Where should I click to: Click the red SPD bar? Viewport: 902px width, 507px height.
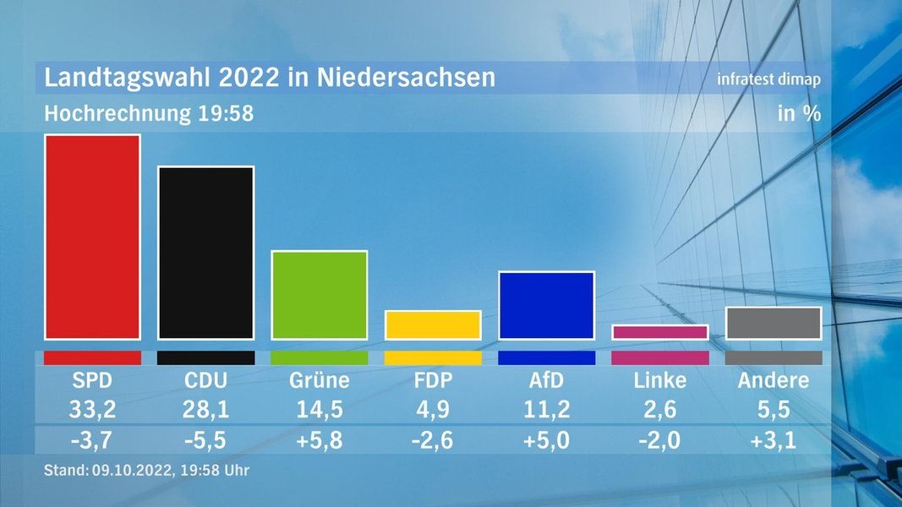click(x=92, y=237)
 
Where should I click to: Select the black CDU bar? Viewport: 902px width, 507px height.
click(x=205, y=253)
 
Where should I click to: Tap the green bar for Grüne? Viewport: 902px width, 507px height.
click(x=319, y=295)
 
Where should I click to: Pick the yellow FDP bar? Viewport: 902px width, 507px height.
click(x=433, y=324)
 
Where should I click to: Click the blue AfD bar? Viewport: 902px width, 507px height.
click(x=546, y=305)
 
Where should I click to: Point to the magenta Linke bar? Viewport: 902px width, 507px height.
click(x=659, y=332)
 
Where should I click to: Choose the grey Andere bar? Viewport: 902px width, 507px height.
click(x=773, y=323)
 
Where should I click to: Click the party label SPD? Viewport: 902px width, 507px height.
click(x=92, y=380)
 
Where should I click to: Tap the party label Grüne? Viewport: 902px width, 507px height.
click(x=319, y=380)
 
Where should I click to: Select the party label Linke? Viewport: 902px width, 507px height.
click(x=659, y=380)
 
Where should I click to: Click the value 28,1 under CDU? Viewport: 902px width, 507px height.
click(x=205, y=410)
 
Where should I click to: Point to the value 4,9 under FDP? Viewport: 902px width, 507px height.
click(x=433, y=410)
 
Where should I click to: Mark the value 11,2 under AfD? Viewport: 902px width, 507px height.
click(x=546, y=410)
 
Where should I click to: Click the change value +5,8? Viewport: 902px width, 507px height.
click(x=319, y=440)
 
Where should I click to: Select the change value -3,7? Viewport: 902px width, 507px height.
click(x=92, y=440)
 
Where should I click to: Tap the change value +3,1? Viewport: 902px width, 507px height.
click(x=773, y=440)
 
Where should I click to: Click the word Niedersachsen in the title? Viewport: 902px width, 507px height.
click(x=406, y=78)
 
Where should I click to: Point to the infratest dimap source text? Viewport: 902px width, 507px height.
click(x=768, y=79)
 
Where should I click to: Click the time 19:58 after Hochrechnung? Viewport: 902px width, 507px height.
click(x=225, y=113)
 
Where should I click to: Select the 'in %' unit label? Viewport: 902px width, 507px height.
click(x=799, y=113)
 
